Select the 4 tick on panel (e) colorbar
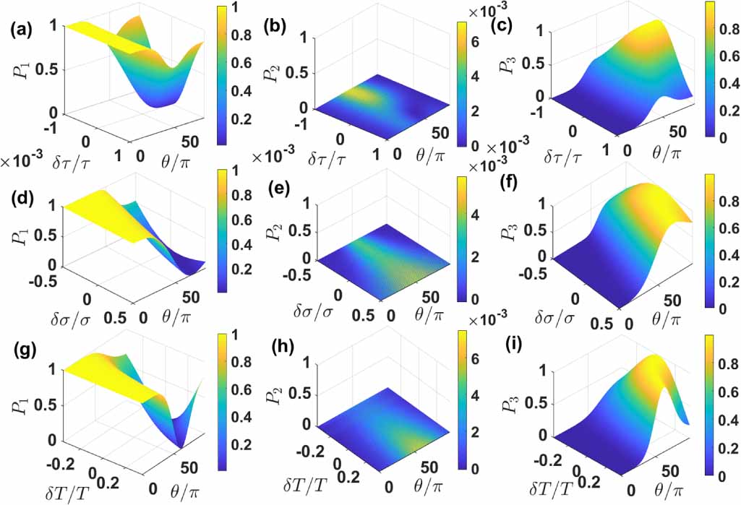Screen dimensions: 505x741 (x=478, y=215)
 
